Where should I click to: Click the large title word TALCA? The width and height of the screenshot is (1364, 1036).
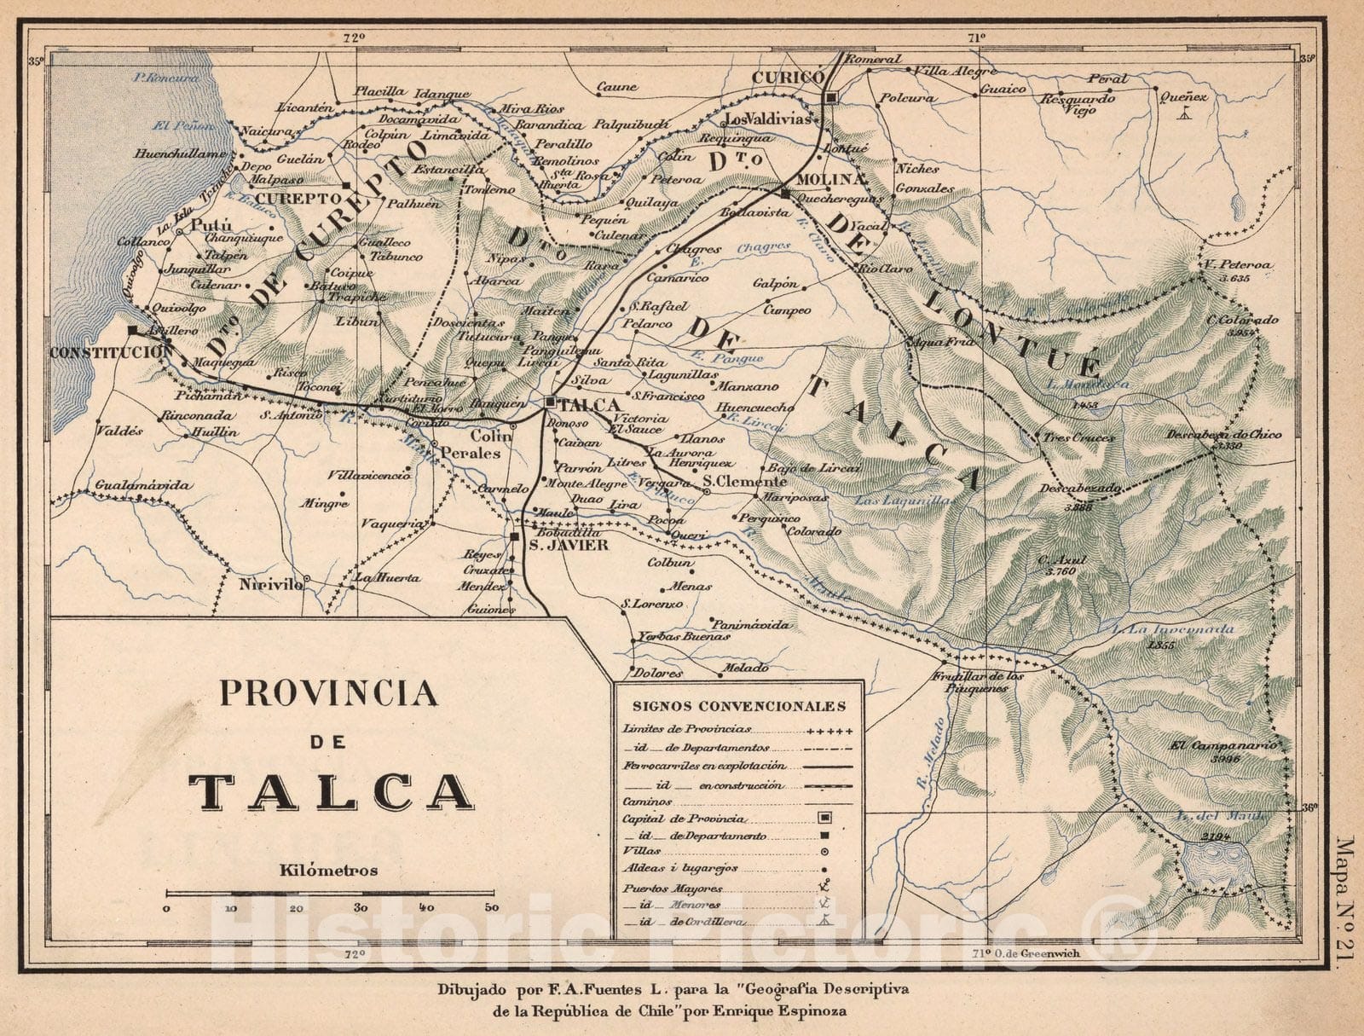click(331, 792)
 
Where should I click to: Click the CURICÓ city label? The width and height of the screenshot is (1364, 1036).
click(787, 78)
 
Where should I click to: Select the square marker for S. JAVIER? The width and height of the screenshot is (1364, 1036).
click(515, 537)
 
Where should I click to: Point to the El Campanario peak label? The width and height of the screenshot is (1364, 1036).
click(1223, 744)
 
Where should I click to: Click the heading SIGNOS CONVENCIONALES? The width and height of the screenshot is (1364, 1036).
click(739, 706)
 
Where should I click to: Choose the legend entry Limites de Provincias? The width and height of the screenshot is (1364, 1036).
click(687, 730)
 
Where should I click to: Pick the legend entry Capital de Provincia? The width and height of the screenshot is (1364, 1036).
click(685, 819)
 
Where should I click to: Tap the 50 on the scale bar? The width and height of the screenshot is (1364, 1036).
click(491, 908)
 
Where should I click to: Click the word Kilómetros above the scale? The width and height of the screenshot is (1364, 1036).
click(327, 871)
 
